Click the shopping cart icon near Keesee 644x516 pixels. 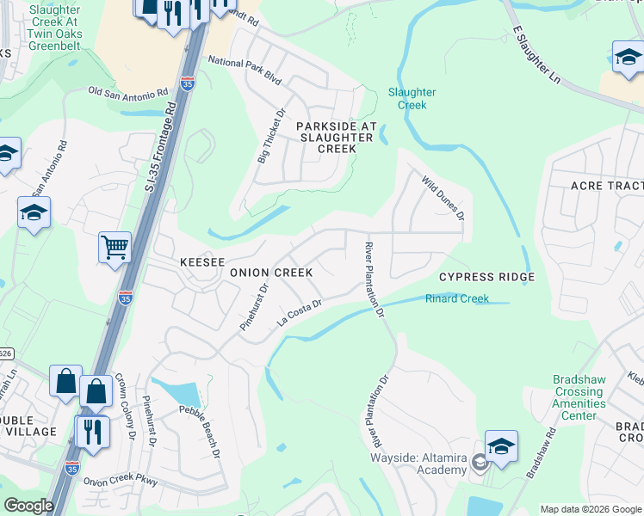(115, 249)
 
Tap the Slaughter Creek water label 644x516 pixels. (412, 98)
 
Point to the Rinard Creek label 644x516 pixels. (456, 298)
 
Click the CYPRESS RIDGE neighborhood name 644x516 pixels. (486, 277)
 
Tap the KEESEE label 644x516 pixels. (201, 261)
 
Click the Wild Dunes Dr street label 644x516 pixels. (443, 197)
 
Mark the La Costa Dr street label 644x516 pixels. (299, 312)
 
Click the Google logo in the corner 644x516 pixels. (28, 506)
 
